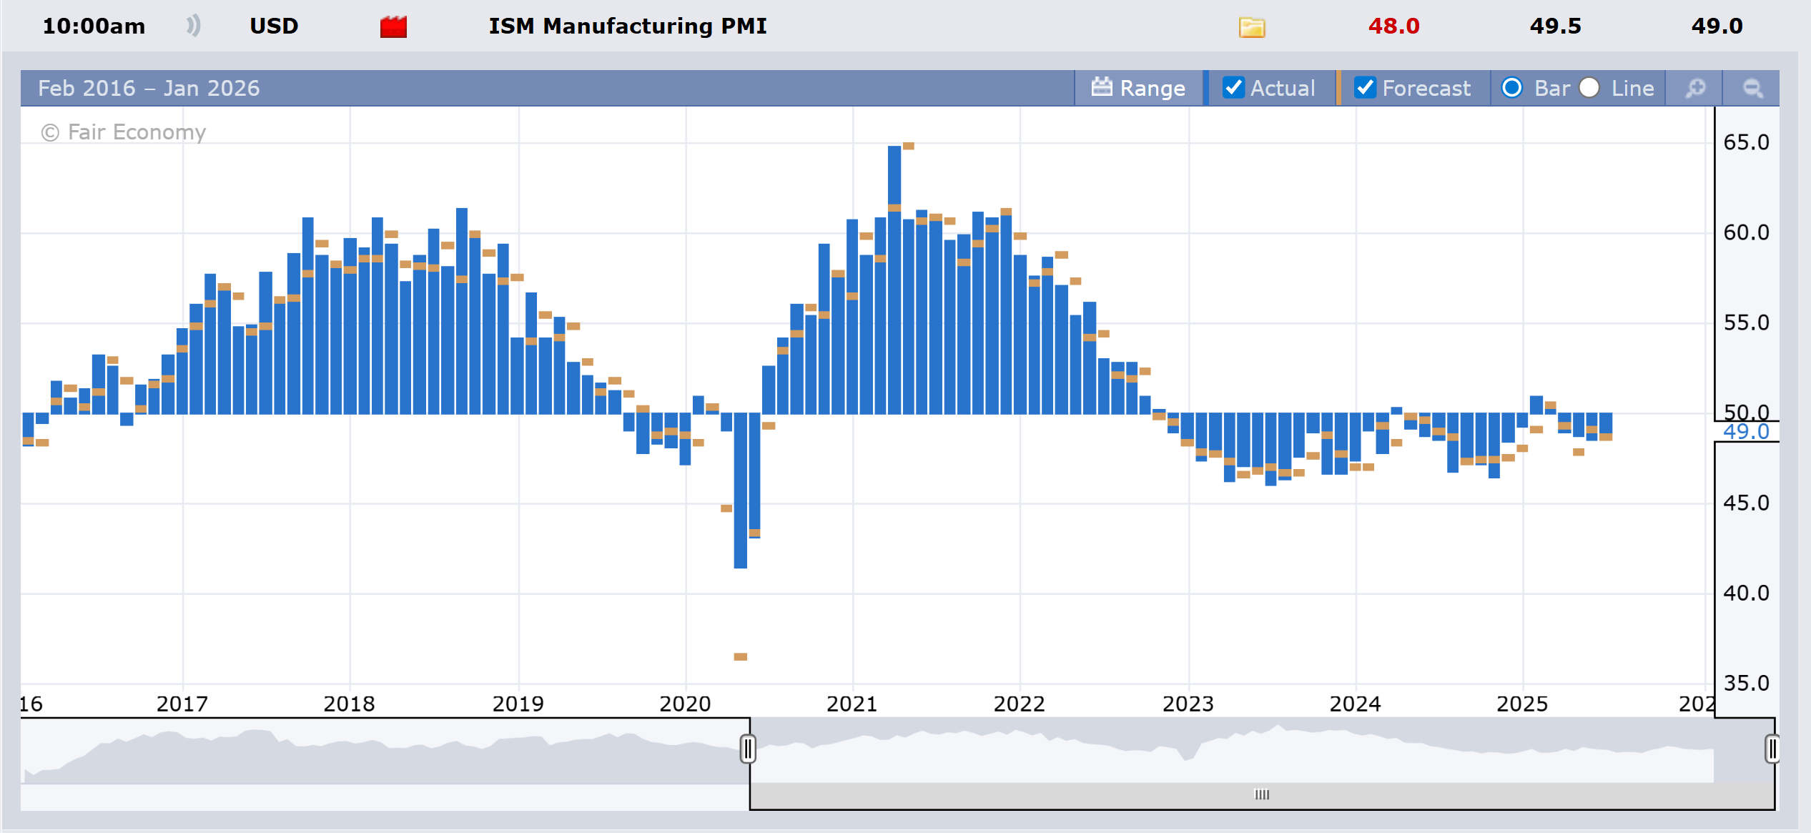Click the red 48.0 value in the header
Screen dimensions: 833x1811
click(1393, 26)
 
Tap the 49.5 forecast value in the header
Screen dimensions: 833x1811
click(1555, 26)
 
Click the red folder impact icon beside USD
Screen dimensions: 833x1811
click(393, 27)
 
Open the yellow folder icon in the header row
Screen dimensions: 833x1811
click(1251, 28)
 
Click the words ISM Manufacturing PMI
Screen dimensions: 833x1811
click(627, 26)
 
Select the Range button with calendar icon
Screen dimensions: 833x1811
click(1138, 88)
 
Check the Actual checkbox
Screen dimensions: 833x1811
click(1233, 87)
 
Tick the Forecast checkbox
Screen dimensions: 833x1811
click(1365, 87)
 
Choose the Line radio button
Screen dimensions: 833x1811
click(1589, 87)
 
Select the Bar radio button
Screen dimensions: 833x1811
click(1511, 87)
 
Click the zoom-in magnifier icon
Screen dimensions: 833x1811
click(1695, 88)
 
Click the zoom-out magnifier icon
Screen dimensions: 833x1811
click(1752, 88)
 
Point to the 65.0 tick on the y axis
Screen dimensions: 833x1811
click(1746, 142)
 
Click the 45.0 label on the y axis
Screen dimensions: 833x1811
click(1746, 503)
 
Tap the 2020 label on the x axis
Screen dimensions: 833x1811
click(685, 704)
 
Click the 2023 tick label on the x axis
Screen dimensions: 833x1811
click(1188, 704)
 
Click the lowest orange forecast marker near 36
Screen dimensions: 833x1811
click(740, 656)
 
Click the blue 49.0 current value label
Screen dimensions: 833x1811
click(1746, 432)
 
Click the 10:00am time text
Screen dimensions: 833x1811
click(94, 26)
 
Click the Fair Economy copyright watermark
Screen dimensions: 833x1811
click(124, 132)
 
